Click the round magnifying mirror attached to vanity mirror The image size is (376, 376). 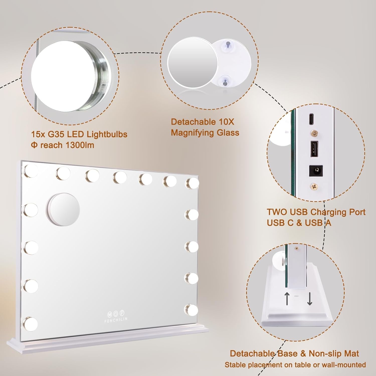(x=63, y=209)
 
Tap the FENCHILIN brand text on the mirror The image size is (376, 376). (x=116, y=319)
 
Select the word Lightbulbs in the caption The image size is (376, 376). (x=107, y=134)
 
